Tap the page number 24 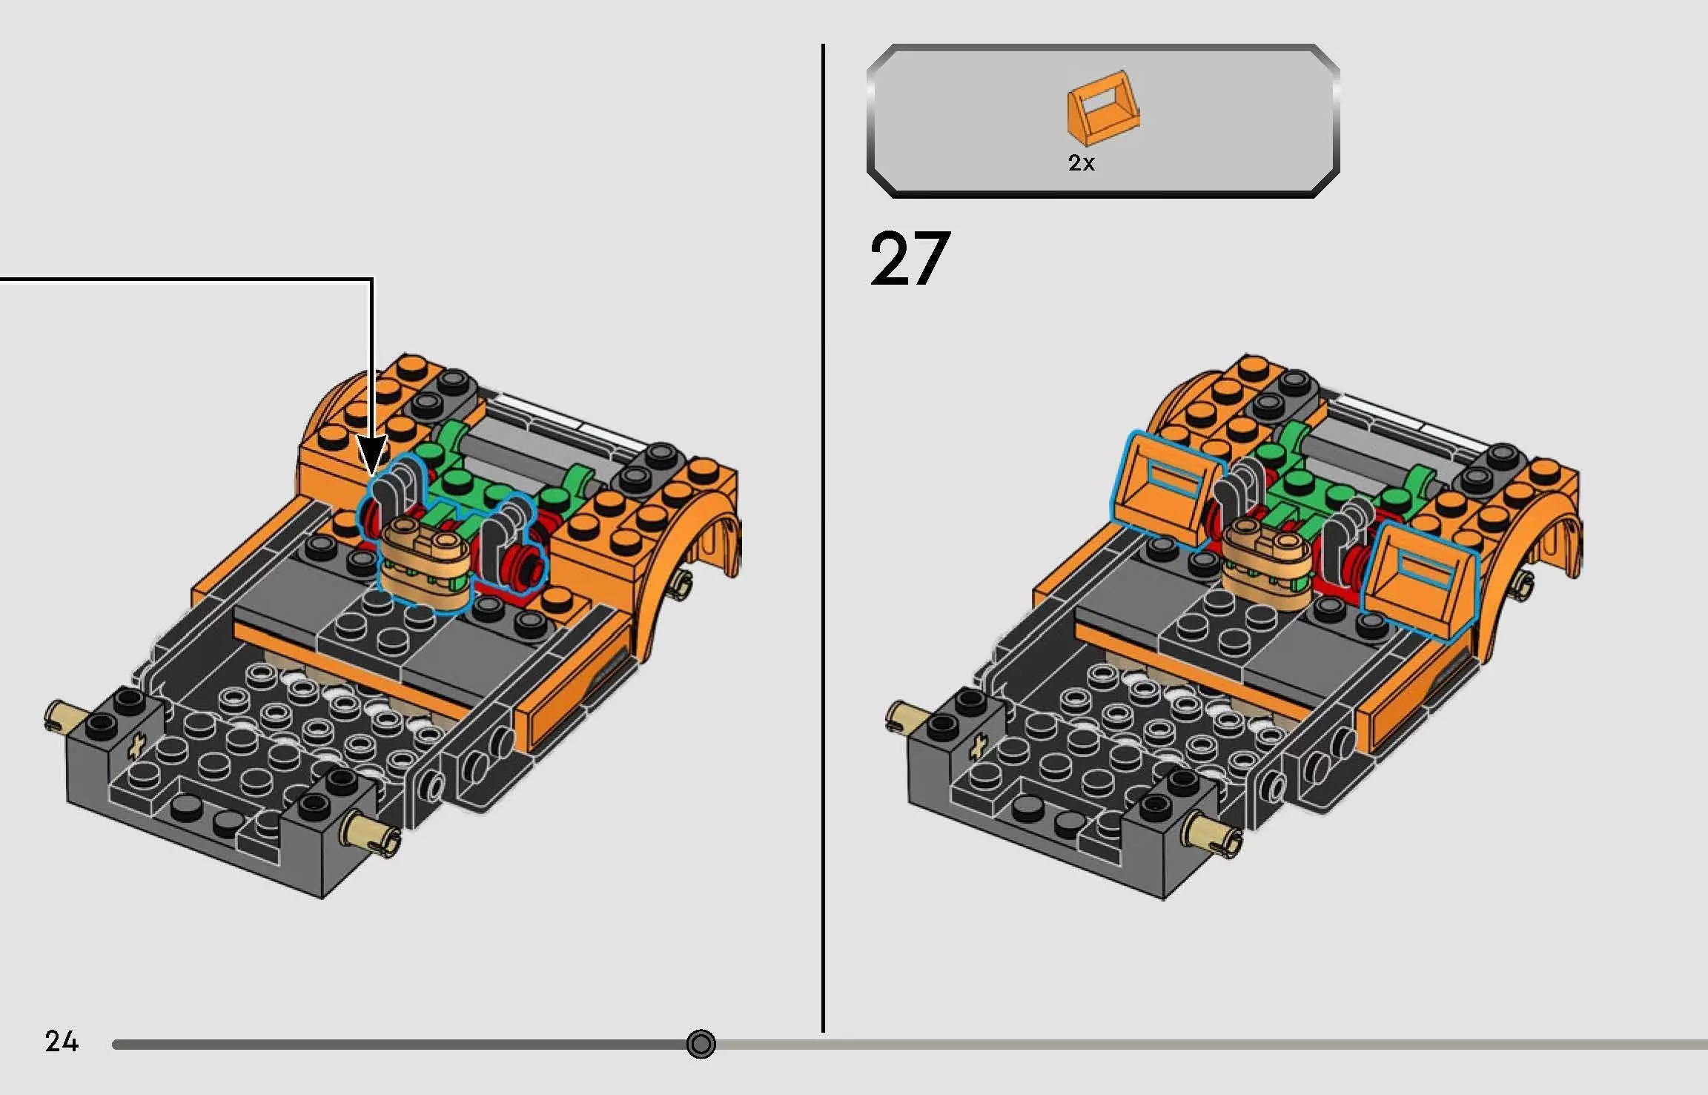click(61, 1042)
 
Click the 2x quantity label click(1081, 163)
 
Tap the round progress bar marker click(701, 1044)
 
